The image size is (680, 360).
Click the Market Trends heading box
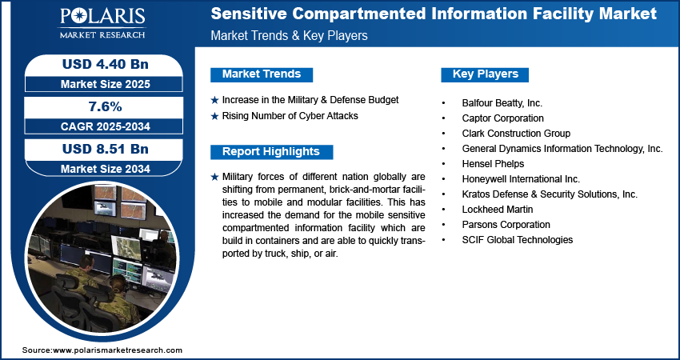[x=262, y=74]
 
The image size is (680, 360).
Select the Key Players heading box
[x=486, y=74]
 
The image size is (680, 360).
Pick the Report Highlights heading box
[x=270, y=152]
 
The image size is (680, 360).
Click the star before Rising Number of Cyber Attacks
[x=214, y=117]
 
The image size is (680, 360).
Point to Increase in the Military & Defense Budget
[x=310, y=100]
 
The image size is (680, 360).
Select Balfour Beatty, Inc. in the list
[x=502, y=103]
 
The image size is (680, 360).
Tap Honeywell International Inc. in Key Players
[x=521, y=179]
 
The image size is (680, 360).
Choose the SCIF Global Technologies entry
[x=517, y=240]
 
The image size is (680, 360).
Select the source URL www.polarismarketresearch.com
[x=118, y=350]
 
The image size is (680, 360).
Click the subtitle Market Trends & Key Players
[x=289, y=36]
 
